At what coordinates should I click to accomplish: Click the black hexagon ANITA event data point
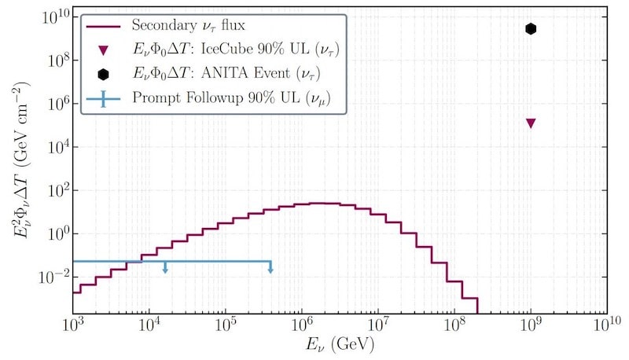click(x=531, y=29)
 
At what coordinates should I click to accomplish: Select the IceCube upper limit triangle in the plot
click(x=531, y=123)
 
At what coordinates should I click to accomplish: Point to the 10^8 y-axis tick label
click(x=56, y=61)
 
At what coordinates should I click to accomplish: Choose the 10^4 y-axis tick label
click(x=56, y=147)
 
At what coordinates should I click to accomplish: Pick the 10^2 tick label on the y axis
click(x=56, y=190)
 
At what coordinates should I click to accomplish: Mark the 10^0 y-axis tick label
click(x=56, y=233)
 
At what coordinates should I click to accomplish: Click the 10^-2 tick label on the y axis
click(x=53, y=277)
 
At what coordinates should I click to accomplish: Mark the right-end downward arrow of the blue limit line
click(x=270, y=270)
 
